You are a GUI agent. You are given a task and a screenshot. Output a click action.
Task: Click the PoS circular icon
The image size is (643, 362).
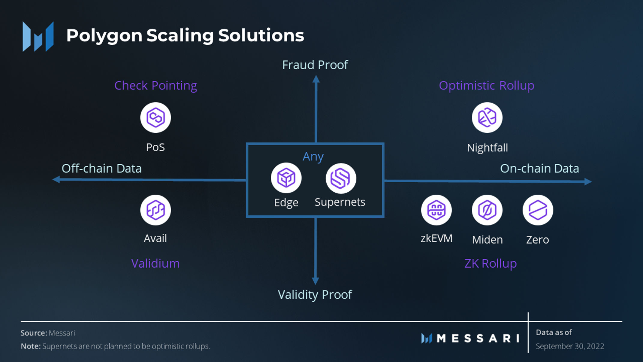pos(155,117)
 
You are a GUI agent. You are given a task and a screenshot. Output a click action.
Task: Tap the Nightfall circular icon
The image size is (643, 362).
pos(487,117)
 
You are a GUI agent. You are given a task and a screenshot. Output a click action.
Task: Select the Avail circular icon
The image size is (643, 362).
pos(155,210)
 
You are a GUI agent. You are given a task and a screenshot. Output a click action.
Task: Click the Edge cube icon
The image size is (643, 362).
pos(286,178)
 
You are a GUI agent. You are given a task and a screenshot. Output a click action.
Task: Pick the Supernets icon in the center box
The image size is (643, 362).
pos(341,178)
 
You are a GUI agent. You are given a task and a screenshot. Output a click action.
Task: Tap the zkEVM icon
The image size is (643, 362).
pos(436,210)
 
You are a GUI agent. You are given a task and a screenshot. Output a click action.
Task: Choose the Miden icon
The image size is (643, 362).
pos(487,210)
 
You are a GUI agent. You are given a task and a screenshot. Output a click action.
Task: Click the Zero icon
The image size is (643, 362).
pos(538,210)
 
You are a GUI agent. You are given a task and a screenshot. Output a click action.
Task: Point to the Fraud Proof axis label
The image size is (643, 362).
pos(315,65)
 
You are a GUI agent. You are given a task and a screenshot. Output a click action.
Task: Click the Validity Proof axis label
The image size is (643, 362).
pos(315,295)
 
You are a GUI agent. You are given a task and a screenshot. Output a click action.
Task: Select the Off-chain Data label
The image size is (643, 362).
pos(101,169)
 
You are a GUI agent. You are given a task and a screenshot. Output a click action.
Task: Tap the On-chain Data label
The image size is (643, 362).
pos(539,169)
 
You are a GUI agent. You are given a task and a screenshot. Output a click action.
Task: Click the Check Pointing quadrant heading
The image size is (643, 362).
pos(155,86)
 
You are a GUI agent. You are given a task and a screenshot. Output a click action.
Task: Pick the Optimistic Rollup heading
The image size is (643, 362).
pos(487,86)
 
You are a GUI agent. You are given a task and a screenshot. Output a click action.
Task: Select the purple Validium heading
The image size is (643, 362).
pos(155,263)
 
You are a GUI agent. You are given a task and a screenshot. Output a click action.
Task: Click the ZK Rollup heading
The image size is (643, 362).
pos(491,263)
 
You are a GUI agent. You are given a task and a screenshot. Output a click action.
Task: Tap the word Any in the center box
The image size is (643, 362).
pos(313,157)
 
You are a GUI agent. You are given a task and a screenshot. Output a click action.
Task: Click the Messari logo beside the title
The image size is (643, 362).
pos(38,36)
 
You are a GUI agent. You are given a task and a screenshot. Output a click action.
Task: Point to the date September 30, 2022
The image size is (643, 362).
pos(570,346)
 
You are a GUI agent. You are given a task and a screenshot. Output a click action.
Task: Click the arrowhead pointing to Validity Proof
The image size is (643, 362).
pos(315,281)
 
